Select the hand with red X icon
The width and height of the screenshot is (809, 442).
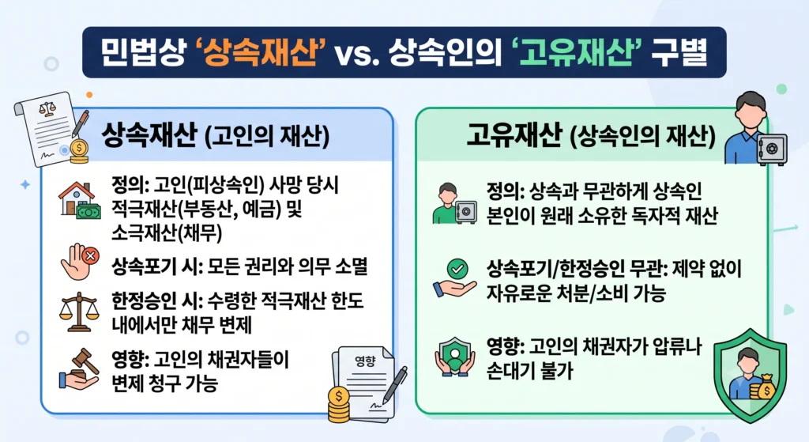(x=80, y=262)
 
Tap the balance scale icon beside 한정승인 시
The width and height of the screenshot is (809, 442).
(x=78, y=312)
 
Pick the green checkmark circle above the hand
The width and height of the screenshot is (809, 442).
(x=457, y=269)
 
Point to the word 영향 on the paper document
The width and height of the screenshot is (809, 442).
(x=365, y=361)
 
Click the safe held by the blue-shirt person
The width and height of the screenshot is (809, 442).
(x=772, y=149)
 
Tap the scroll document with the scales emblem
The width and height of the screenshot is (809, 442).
(x=47, y=129)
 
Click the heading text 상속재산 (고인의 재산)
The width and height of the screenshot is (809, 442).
(x=215, y=136)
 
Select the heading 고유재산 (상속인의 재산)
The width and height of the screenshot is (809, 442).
(x=591, y=136)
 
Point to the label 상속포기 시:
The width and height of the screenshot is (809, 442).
(x=155, y=266)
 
